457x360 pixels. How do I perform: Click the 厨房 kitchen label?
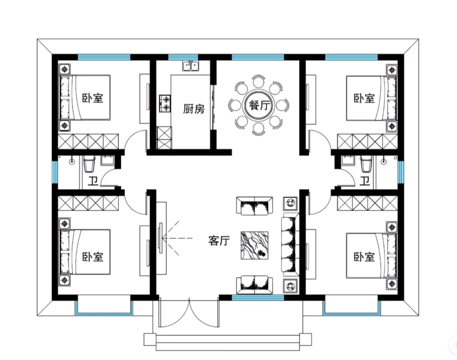click(x=194, y=109)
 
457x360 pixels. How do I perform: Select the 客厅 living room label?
click(x=219, y=241)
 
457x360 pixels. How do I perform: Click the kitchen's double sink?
click(x=191, y=66)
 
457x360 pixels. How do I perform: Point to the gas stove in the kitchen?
click(x=165, y=103)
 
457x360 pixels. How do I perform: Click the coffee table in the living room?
click(x=255, y=245)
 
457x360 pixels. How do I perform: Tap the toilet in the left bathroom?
click(x=89, y=164)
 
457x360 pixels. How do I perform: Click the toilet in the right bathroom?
click(x=366, y=164)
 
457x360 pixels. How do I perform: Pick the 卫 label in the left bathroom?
click(x=93, y=181)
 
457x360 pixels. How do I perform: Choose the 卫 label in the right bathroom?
click(x=364, y=181)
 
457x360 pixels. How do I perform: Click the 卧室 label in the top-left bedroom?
click(x=93, y=98)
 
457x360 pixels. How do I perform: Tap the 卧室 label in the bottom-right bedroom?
click(x=364, y=257)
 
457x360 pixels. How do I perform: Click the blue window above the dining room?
click(x=258, y=57)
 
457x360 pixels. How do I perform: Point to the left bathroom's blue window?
click(x=55, y=172)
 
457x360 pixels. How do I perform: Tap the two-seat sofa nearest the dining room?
click(x=255, y=206)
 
